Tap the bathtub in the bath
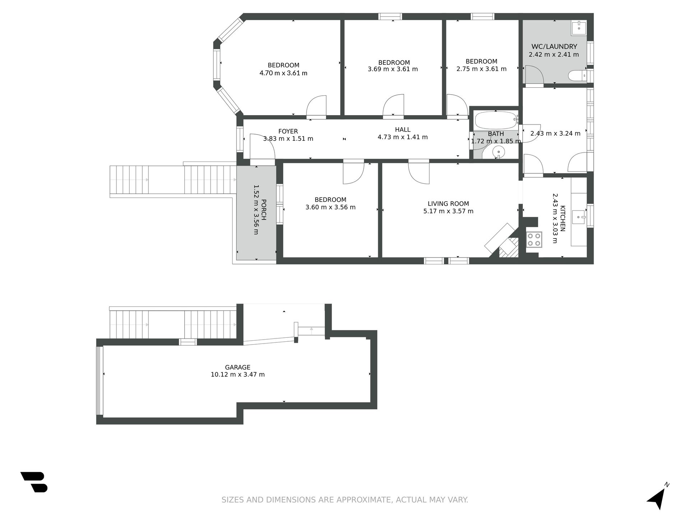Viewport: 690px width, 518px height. click(496, 120)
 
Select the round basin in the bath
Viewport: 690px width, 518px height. click(499, 152)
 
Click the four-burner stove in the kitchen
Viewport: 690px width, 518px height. click(534, 240)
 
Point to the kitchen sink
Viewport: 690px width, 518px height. click(579, 217)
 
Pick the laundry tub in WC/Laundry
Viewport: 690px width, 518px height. click(579, 28)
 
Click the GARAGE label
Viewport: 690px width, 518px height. click(238, 367)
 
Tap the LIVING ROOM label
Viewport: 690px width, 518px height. click(448, 204)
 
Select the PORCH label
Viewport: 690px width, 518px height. click(263, 210)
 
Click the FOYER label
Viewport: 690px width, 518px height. click(288, 131)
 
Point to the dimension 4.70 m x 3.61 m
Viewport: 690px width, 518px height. click(284, 73)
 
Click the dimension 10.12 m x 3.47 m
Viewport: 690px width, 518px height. click(238, 374)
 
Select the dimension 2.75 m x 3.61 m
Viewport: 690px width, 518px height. click(482, 69)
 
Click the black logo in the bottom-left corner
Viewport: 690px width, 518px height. click(34, 482)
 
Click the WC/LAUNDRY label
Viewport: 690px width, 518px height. click(554, 47)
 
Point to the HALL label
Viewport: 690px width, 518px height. click(402, 129)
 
